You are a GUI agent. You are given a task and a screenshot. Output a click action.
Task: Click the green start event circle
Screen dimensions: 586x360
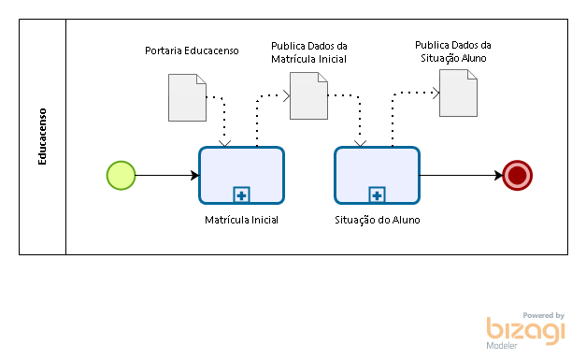(x=121, y=176)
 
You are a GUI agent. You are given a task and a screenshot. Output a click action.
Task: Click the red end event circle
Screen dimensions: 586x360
(x=518, y=176)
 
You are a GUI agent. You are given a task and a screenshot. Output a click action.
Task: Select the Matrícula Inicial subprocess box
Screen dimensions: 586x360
(x=242, y=176)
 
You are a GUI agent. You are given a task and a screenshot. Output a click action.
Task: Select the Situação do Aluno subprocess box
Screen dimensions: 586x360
(x=377, y=176)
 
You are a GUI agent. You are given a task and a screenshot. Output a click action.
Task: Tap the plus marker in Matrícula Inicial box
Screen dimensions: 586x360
(x=241, y=195)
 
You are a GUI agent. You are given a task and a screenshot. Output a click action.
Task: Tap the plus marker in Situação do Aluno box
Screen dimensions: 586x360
(x=377, y=195)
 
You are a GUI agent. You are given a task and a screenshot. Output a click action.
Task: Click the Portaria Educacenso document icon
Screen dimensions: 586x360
(x=187, y=97)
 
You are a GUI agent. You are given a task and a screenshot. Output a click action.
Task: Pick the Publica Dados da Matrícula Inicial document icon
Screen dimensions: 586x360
(x=308, y=96)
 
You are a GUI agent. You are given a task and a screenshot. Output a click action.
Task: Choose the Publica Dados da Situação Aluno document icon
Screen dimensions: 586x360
(x=458, y=94)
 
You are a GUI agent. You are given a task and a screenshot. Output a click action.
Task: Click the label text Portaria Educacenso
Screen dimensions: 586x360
(x=192, y=50)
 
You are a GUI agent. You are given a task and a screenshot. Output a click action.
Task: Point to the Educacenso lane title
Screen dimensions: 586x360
(x=42, y=137)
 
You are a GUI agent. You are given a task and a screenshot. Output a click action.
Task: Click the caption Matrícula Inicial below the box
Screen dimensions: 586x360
(x=241, y=220)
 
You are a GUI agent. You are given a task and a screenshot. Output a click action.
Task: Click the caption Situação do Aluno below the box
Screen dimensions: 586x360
(x=378, y=220)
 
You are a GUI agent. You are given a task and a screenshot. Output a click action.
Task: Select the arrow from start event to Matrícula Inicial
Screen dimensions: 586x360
(x=167, y=176)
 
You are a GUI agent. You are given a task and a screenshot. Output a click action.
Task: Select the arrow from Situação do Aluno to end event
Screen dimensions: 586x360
(x=462, y=176)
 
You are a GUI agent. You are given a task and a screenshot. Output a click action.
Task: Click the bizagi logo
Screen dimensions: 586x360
(x=525, y=331)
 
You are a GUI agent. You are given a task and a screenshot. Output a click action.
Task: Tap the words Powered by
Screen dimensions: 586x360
(x=543, y=315)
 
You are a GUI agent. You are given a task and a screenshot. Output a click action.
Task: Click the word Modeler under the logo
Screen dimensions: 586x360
(x=502, y=346)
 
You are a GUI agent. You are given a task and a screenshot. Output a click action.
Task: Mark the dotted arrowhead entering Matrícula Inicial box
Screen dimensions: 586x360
(x=224, y=144)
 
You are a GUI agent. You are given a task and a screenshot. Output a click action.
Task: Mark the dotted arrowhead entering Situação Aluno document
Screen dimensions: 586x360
(x=436, y=94)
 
